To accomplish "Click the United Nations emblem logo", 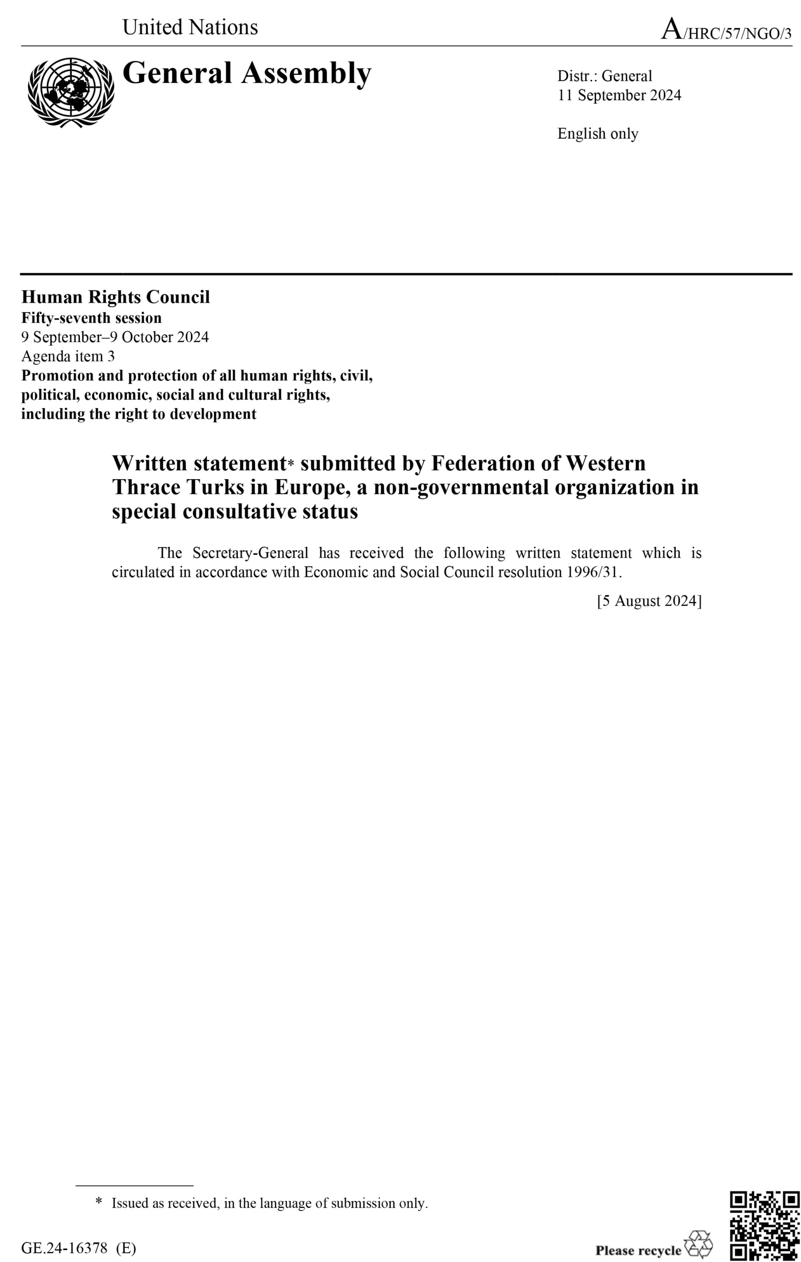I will pyautogui.click(x=71, y=92).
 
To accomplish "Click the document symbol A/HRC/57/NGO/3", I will pyautogui.click(x=726, y=31).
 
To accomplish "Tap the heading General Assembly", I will pyautogui.click(x=247, y=73).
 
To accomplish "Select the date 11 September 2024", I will pyautogui.click(x=619, y=95).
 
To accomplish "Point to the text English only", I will pyautogui.click(x=597, y=134).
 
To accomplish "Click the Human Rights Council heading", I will pyautogui.click(x=115, y=297).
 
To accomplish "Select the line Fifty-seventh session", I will pyautogui.click(x=91, y=318).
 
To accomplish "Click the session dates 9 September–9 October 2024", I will pyautogui.click(x=115, y=337).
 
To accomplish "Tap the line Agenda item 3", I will pyautogui.click(x=68, y=356).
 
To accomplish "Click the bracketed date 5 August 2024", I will pyautogui.click(x=649, y=600).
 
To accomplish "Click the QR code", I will pyautogui.click(x=765, y=1225).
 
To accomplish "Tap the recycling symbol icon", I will pyautogui.click(x=698, y=1245).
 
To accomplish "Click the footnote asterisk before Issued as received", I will pyautogui.click(x=99, y=1202).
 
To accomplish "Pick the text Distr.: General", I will pyautogui.click(x=604, y=76).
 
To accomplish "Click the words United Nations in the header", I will pyautogui.click(x=190, y=27).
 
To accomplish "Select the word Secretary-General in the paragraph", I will pyautogui.click(x=250, y=553).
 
